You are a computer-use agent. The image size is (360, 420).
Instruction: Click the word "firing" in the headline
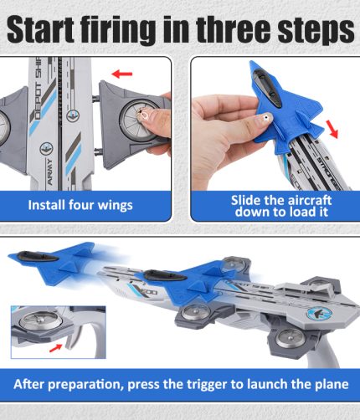[x=120, y=31]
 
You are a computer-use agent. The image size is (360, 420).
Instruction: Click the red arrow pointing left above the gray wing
[x=121, y=74]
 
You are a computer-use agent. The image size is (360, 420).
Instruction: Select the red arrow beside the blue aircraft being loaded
[x=332, y=129]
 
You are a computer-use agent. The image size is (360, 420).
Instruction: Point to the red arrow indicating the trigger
[x=55, y=348]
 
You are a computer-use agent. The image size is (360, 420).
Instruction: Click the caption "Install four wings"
[x=80, y=205]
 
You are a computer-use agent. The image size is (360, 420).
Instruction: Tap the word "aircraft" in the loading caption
[x=305, y=200]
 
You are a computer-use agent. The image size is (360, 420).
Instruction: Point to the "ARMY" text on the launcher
[x=49, y=172]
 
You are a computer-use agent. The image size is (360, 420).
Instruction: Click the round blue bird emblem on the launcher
[x=319, y=314]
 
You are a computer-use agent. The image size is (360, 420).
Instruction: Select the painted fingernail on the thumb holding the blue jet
[x=266, y=118]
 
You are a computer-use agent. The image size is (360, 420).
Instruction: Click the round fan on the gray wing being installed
[x=138, y=120]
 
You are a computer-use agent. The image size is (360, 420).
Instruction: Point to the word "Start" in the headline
[x=41, y=29]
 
